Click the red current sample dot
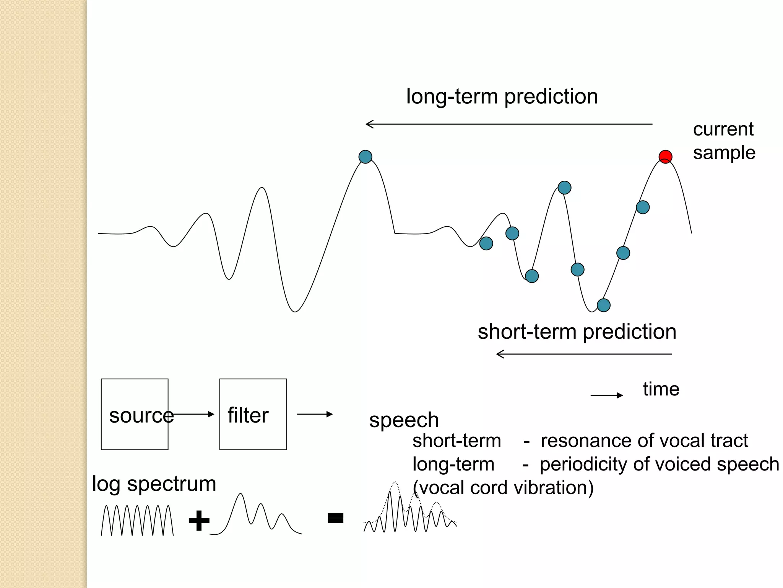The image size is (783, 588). point(665,157)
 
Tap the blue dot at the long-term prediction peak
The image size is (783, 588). point(366,157)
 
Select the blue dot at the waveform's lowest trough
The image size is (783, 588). point(603,305)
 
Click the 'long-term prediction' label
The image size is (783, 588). point(502,96)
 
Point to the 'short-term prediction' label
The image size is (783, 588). point(577,332)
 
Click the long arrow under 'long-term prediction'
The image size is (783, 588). point(508,124)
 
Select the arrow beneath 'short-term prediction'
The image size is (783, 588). point(583,354)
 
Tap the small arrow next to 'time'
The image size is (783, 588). point(606,395)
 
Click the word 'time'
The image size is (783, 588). point(661,389)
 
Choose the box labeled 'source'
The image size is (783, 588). point(135,414)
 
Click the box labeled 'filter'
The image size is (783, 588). point(253,414)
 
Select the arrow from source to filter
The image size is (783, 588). point(193,414)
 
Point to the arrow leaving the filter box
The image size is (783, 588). point(315,414)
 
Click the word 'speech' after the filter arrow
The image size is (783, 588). point(404,420)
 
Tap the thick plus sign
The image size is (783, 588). point(199,520)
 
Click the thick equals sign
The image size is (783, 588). point(335,518)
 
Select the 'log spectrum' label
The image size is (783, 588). point(154,484)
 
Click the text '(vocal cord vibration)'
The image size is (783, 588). point(503,488)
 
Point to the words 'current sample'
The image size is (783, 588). point(724,141)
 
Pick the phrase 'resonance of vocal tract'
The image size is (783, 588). point(644,441)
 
